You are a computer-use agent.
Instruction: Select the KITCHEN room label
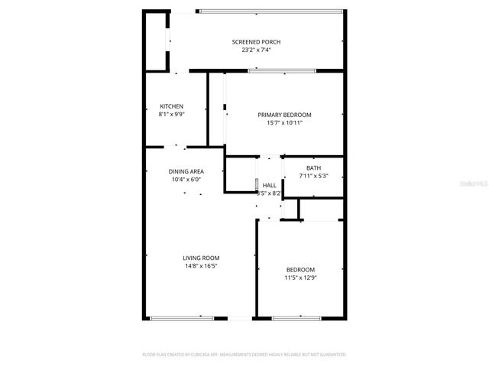click(171, 106)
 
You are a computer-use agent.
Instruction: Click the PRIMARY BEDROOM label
click(284, 115)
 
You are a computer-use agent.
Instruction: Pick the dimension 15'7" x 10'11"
click(284, 123)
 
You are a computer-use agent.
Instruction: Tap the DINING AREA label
click(186, 171)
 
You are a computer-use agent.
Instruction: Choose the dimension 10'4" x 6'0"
click(186, 180)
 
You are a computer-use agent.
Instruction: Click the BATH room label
click(313, 168)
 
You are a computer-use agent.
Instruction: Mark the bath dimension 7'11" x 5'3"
click(313, 177)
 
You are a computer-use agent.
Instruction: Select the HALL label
click(269, 186)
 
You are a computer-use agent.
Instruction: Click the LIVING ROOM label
click(200, 258)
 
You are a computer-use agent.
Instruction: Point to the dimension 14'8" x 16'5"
click(200, 267)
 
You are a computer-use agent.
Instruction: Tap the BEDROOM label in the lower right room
click(300, 270)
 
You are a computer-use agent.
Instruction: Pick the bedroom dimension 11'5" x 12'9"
click(300, 278)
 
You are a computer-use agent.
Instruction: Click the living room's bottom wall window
click(181, 318)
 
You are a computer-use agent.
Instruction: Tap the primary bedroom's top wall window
click(281, 71)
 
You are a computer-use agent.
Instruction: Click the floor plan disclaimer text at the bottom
click(244, 355)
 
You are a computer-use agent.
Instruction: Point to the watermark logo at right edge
click(477, 184)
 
